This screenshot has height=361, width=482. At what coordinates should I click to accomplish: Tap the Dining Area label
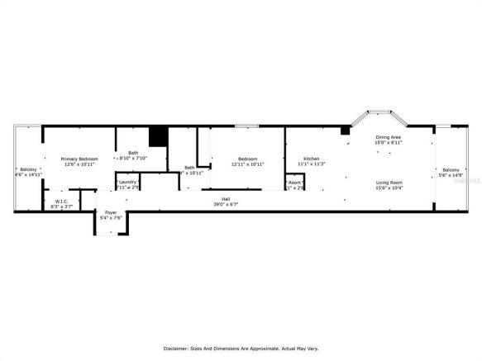(x=389, y=137)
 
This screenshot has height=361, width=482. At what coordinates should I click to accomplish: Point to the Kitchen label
(x=311, y=158)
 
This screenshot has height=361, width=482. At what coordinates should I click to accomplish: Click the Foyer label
(x=110, y=213)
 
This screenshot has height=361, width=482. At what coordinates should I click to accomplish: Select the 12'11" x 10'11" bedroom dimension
(x=248, y=164)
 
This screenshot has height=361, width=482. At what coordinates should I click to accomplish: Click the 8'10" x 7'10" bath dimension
(x=133, y=158)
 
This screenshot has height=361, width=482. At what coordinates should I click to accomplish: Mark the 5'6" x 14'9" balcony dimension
(x=451, y=175)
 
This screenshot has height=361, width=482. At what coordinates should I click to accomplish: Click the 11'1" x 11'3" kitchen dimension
(x=311, y=164)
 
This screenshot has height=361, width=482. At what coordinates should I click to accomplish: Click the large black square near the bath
(x=157, y=137)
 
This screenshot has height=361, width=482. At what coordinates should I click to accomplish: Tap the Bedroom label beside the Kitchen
(x=248, y=158)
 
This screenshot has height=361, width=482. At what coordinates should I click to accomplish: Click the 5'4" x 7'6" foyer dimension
(x=110, y=219)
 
